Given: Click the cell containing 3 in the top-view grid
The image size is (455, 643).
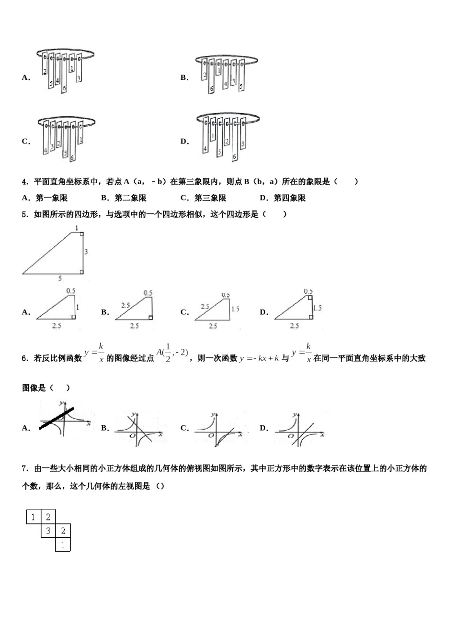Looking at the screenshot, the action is pos(48,531).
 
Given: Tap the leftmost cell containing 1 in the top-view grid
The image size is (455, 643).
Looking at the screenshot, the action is pos(33,517).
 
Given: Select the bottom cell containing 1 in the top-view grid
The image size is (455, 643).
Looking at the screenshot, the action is pos(63,544).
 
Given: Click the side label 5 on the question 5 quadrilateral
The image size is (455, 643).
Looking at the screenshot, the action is pos(60,278).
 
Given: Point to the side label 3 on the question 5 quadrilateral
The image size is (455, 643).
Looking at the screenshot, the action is pos(86,252).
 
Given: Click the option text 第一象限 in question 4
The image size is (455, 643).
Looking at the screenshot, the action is pos(51,198).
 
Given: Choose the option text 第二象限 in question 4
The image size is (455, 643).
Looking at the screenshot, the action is pos(130,198).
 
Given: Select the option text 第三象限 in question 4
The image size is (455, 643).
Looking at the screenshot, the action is pos(210,198).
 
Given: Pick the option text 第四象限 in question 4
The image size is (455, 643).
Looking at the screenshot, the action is pos(289,198).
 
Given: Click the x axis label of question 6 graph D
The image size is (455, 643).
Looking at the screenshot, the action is pos(323,434).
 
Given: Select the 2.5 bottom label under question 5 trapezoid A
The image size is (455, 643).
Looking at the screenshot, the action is pos(57,326).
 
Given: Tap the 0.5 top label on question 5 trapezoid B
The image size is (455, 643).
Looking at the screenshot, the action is pos(148,293).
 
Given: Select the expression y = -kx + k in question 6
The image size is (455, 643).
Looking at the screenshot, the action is pos(260,358).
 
